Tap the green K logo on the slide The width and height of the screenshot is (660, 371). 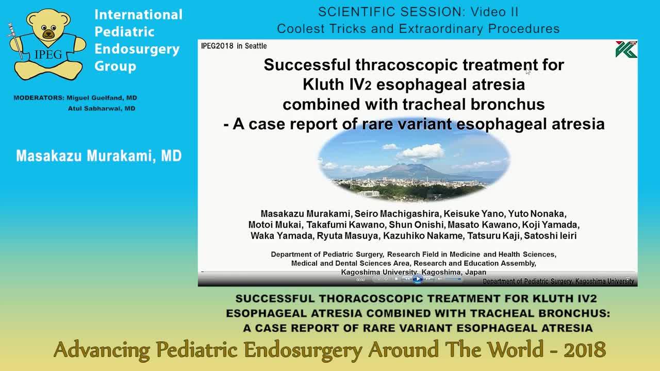point(626,49)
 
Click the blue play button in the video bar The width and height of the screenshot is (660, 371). point(418,279)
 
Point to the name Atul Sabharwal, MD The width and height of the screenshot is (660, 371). point(102,109)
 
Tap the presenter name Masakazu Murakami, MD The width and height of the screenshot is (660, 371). point(98,156)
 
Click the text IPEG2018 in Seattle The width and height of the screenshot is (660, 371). point(234,46)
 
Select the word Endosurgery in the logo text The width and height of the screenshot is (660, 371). point(137,49)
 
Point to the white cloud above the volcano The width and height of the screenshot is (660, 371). point(420,151)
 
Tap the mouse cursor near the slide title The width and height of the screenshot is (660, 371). point(528,72)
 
